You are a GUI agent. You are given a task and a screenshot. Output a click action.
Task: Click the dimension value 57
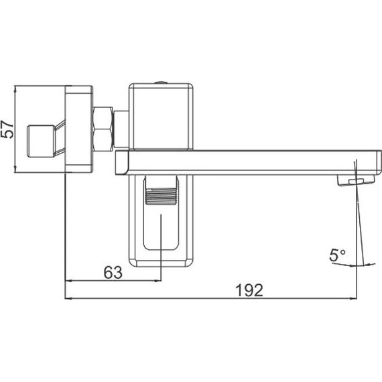(x=7, y=129)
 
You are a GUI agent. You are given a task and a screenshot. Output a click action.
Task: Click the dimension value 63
(x=113, y=273)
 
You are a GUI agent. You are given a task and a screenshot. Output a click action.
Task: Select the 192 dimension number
(x=250, y=290)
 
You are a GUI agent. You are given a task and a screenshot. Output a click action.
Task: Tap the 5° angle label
(x=337, y=255)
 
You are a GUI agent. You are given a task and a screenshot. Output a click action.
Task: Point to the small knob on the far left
(x=41, y=141)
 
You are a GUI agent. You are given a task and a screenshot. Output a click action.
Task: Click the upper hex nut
(x=103, y=118)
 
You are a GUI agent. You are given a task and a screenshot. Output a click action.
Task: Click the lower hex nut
(x=103, y=141)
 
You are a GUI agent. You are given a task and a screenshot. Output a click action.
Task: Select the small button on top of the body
(x=161, y=82)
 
